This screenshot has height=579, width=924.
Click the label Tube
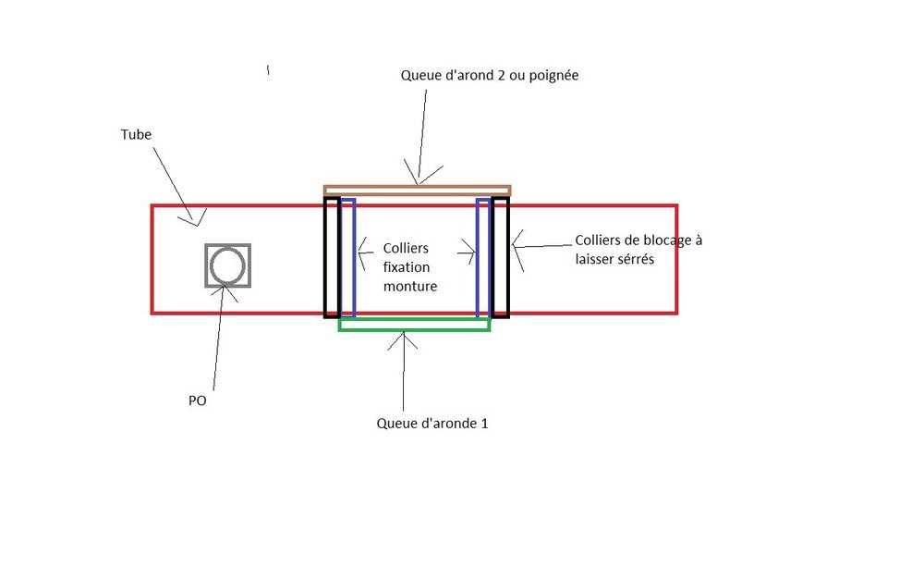(x=136, y=134)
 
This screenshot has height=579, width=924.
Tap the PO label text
(x=197, y=402)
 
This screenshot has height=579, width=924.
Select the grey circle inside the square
(x=227, y=265)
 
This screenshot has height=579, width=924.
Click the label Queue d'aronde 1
(x=432, y=425)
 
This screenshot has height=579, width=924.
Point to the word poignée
(x=553, y=75)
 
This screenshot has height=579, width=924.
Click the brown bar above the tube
(x=417, y=190)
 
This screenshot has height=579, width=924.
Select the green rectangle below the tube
(x=414, y=324)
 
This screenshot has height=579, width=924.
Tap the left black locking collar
(x=331, y=257)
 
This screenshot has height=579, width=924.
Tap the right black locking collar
(x=501, y=257)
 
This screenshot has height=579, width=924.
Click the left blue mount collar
(x=347, y=257)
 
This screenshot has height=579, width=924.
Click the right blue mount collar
(x=482, y=257)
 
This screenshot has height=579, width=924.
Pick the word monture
(x=410, y=287)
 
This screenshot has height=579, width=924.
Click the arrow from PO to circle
(x=218, y=333)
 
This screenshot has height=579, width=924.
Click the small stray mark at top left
(x=268, y=69)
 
